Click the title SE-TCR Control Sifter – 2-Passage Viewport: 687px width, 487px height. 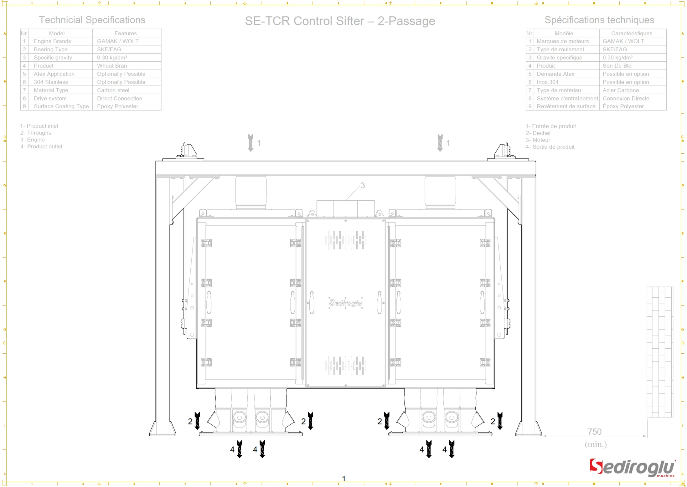pos(340,21)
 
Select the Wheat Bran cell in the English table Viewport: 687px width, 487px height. pos(112,66)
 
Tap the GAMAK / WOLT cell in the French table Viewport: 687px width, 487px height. pos(623,41)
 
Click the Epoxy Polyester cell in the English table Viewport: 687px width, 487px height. pos(117,106)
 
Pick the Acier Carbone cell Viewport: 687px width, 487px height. pos(620,90)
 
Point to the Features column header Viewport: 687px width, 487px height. pos(125,33)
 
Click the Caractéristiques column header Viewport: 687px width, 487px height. pos(631,33)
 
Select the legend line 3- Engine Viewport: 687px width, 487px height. pos(33,140)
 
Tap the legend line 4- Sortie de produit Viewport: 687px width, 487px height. pos(550,147)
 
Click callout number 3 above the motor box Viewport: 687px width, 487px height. pos(362,186)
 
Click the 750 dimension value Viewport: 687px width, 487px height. pos(594,432)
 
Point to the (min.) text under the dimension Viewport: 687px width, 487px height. pos(595,444)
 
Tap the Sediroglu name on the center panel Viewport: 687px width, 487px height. pos(345,303)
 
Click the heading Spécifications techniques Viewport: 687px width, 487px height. pos(599,20)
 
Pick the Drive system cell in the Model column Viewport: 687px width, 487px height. pos(50,98)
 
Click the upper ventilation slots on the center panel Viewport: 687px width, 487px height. pos(345,240)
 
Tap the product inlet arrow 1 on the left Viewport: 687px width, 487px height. pos(251,143)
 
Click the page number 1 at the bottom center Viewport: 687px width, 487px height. pos(343,478)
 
